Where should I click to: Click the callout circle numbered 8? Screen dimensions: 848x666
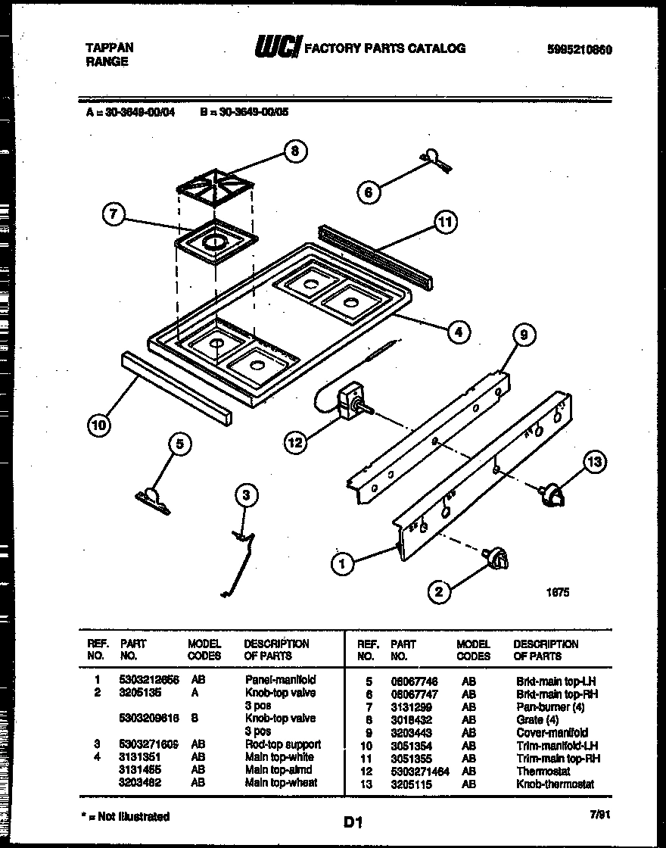pos(294,151)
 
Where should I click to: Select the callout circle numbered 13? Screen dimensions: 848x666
pos(596,463)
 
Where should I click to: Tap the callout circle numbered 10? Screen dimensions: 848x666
pos(98,425)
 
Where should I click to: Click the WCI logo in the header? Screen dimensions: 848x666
pos(278,49)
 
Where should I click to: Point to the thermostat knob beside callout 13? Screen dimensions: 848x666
pos(552,494)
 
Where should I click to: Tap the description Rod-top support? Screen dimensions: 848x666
pos(282,744)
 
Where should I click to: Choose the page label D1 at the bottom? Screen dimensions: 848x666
pos(353,821)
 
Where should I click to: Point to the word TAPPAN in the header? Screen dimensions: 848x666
pos(109,47)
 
